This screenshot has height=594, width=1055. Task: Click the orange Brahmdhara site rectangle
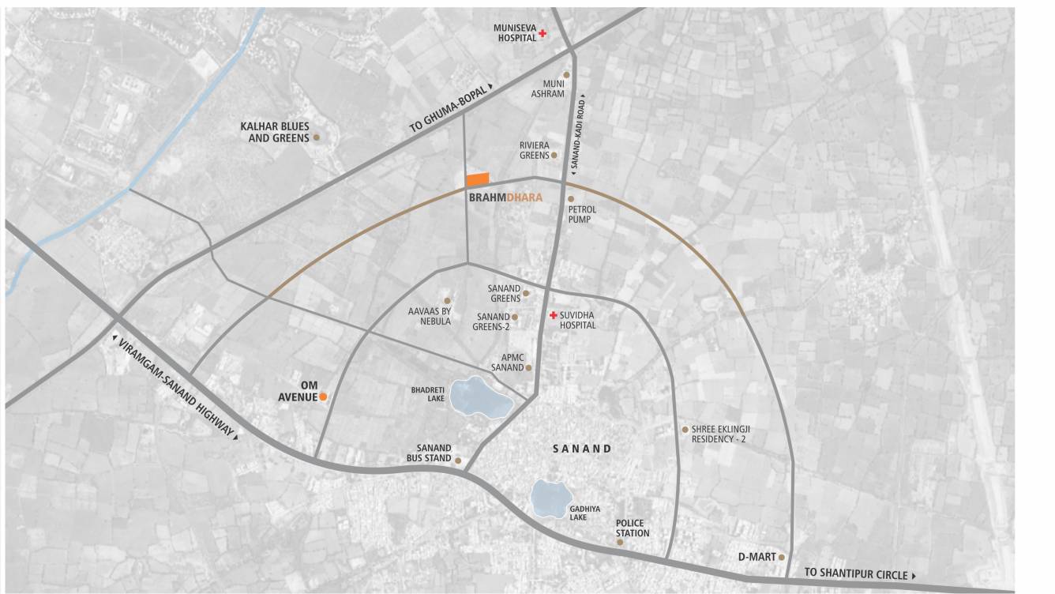click(x=477, y=179)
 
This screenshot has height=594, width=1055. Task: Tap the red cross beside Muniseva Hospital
click(x=543, y=33)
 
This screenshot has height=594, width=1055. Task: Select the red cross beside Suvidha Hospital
click(x=554, y=315)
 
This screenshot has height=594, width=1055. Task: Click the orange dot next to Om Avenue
click(x=323, y=397)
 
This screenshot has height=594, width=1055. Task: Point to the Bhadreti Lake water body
click(x=480, y=397)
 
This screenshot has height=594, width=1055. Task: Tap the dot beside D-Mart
click(x=782, y=557)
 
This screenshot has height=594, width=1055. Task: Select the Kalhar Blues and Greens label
click(x=275, y=132)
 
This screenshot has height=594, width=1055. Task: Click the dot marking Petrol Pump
click(x=571, y=199)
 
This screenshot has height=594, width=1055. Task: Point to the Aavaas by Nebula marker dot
click(x=447, y=301)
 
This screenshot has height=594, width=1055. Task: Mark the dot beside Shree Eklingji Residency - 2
click(x=685, y=430)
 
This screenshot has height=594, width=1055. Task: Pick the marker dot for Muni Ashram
click(x=566, y=74)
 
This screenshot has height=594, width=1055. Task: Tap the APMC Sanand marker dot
click(x=529, y=367)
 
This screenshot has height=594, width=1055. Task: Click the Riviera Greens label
click(x=534, y=150)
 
